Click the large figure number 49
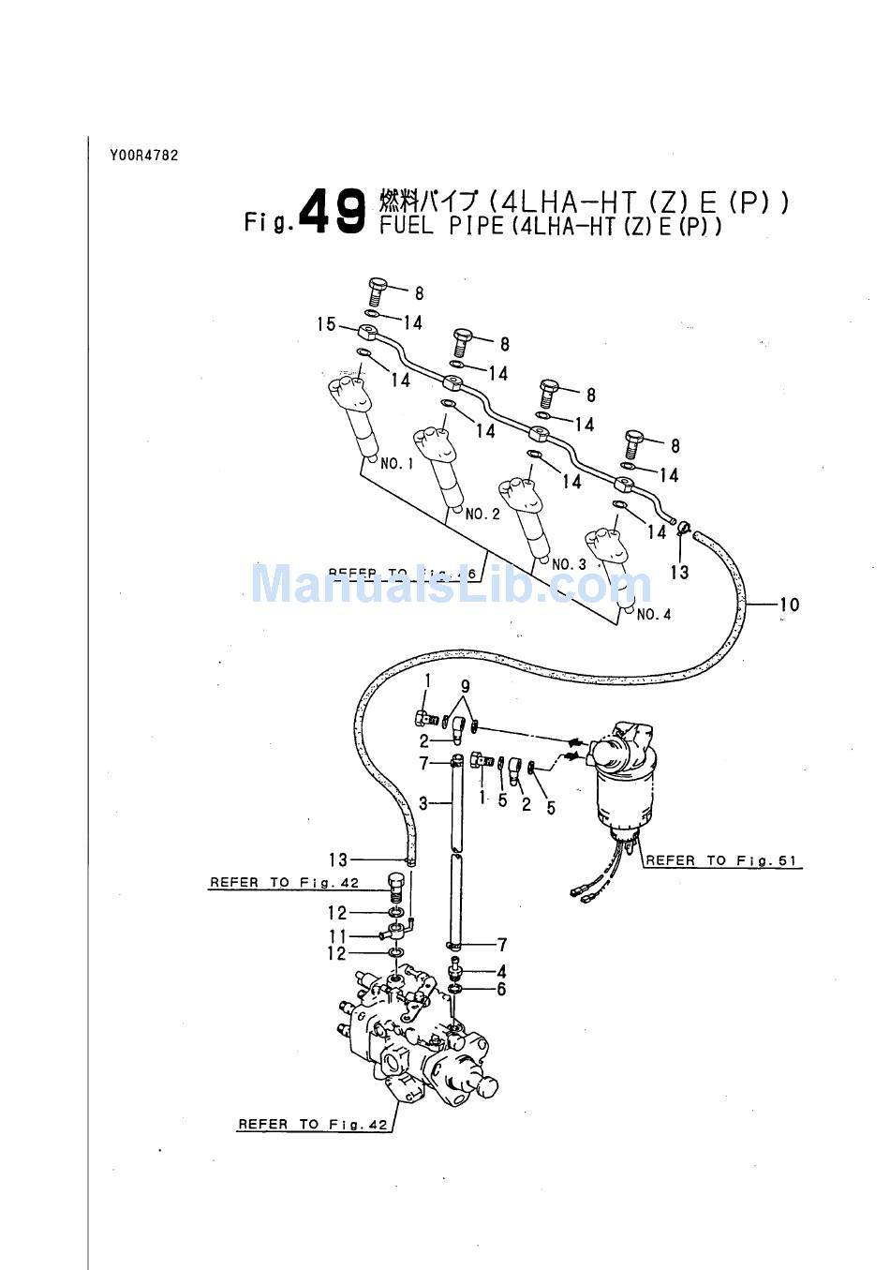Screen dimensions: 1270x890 click(x=334, y=211)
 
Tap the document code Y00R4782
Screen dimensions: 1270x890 click(x=143, y=156)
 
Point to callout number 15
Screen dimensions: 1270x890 click(x=326, y=324)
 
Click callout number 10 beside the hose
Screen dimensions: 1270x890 click(x=790, y=605)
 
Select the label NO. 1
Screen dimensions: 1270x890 click(x=396, y=463)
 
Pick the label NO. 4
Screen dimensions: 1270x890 click(x=654, y=615)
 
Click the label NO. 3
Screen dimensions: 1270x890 click(x=569, y=564)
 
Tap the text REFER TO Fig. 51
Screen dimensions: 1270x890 click(x=723, y=860)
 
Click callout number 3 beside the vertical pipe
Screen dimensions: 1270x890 click(x=423, y=803)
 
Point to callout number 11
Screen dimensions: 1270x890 click(x=337, y=935)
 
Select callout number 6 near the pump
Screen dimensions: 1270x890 click(x=501, y=989)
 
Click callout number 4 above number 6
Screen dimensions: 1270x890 click(x=501, y=972)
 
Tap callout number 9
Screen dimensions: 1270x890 click(x=465, y=687)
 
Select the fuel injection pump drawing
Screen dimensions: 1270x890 click(x=417, y=1040)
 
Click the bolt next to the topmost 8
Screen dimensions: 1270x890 click(x=378, y=290)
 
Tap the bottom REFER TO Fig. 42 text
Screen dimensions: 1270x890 click(x=313, y=1124)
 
